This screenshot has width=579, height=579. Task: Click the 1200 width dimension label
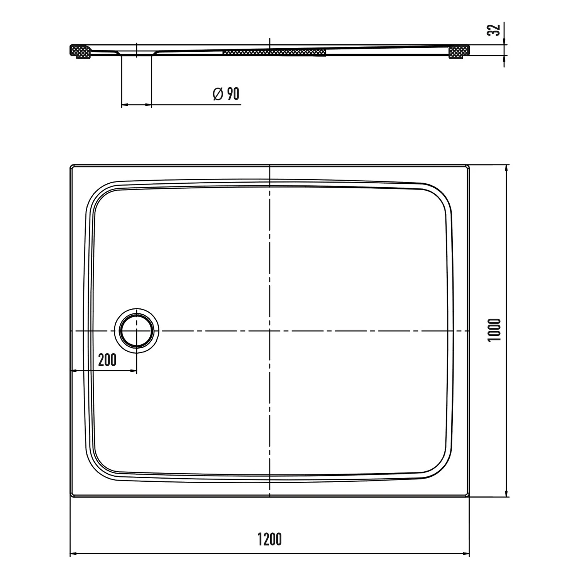pyautogui.click(x=270, y=539)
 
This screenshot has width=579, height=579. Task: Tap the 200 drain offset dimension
pyautogui.click(x=107, y=360)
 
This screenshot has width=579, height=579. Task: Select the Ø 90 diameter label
pyautogui.click(x=226, y=94)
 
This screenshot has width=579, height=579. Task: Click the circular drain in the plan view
pyautogui.click(x=136, y=331)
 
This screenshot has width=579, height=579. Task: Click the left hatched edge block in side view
pyautogui.click(x=80, y=52)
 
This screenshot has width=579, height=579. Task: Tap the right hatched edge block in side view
pyautogui.click(x=459, y=52)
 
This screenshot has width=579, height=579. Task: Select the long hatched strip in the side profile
pyautogui.click(x=274, y=52)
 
